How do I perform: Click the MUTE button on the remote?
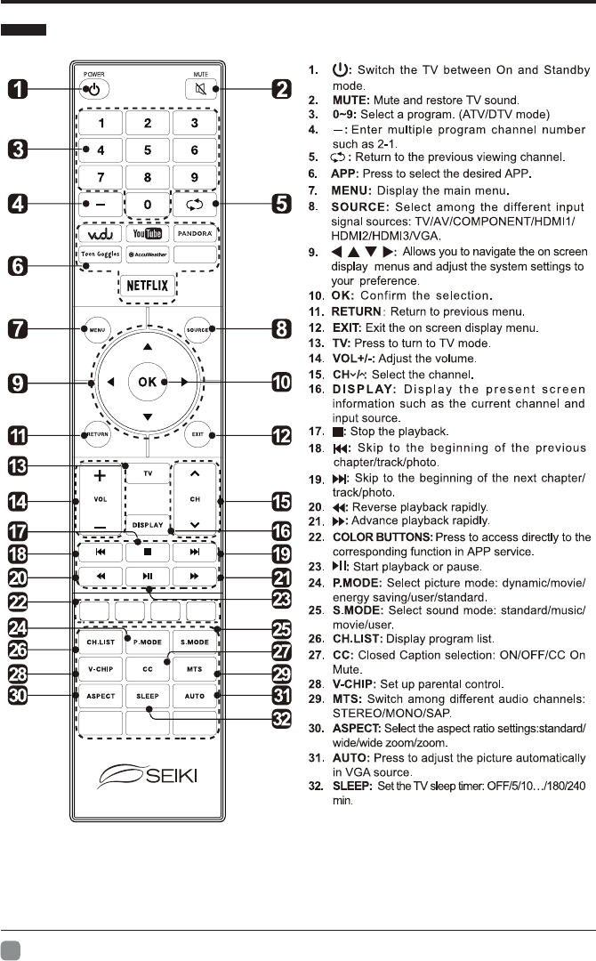tap(195, 88)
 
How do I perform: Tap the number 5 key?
tap(147, 151)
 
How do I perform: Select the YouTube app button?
tap(147, 234)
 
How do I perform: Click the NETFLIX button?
tap(148, 287)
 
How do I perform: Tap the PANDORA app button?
tap(195, 234)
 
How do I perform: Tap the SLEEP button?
tap(148, 695)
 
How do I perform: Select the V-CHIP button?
tap(100, 666)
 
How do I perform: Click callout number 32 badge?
tap(281, 718)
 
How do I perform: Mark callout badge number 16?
tap(281, 531)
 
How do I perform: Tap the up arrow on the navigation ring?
tap(148, 346)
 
